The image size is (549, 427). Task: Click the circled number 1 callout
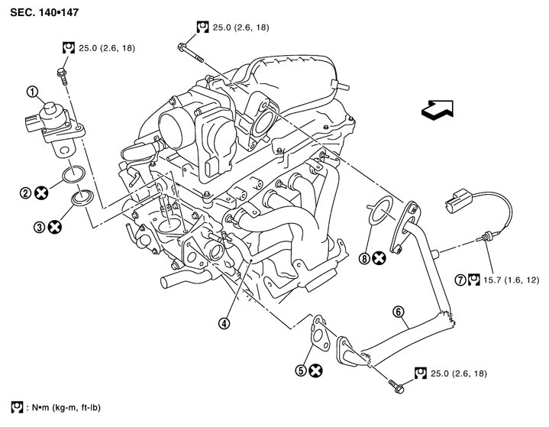[x=32, y=93]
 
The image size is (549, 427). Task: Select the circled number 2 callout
[x=26, y=194]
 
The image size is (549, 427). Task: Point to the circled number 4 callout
[x=224, y=323]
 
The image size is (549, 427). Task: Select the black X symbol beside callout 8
[x=379, y=258]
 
